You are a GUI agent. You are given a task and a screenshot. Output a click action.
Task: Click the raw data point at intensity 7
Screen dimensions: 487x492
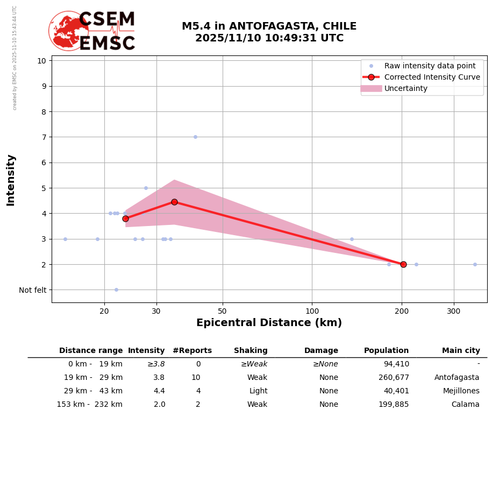(x=195, y=137)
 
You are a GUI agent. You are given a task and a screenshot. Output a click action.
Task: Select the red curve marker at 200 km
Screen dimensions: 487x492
(x=403, y=264)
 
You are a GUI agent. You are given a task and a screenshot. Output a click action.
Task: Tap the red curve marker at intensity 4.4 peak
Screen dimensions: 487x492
(x=174, y=202)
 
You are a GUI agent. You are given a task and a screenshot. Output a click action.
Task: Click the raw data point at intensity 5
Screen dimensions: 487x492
(x=146, y=188)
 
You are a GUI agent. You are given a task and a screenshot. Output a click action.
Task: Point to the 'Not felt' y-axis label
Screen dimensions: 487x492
(x=33, y=290)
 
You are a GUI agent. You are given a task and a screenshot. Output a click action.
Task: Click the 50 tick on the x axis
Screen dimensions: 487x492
(x=223, y=312)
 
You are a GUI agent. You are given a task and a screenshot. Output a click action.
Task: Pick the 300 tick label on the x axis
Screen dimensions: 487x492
(x=454, y=312)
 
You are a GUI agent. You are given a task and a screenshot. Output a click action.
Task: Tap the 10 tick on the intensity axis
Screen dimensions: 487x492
(x=41, y=60)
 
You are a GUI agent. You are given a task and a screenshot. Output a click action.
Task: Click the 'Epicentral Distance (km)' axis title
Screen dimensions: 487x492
(x=269, y=323)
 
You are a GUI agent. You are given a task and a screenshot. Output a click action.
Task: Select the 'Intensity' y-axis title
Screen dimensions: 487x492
(x=11, y=180)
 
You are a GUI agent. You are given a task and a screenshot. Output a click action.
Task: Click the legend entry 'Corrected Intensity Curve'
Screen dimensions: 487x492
(x=432, y=77)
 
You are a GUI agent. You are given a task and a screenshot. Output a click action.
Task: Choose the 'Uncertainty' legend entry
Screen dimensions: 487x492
(x=406, y=88)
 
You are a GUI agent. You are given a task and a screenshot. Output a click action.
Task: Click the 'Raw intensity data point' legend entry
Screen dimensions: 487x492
(x=430, y=66)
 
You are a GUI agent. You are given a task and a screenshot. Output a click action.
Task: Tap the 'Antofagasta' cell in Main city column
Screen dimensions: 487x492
(x=457, y=378)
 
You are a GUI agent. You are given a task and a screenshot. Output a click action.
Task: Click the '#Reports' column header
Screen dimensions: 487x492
(x=192, y=351)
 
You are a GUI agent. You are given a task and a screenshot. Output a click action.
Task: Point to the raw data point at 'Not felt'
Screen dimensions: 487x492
(x=116, y=290)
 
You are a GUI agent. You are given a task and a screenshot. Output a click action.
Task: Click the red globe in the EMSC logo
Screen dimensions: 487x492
(x=68, y=31)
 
